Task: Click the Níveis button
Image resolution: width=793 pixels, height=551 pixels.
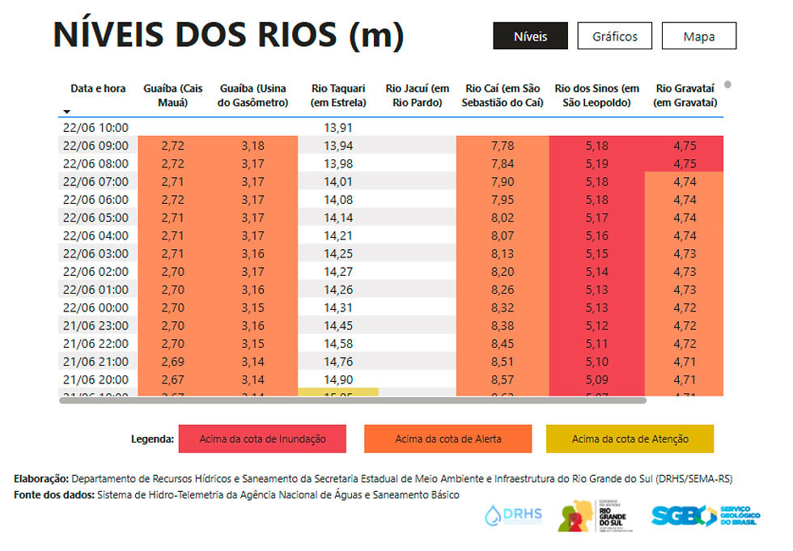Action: (531, 36)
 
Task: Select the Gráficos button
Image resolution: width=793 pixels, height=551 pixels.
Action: (615, 36)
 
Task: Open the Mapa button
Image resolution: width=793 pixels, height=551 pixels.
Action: (699, 36)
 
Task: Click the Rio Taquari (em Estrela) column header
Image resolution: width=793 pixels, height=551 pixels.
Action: (338, 95)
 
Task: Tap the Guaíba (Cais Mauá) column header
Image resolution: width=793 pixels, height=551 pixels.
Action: (173, 95)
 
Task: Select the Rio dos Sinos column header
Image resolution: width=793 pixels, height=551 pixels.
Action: (597, 95)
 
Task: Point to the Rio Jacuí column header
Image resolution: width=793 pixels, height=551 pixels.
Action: (418, 95)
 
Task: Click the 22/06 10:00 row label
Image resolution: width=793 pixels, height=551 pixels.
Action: (95, 128)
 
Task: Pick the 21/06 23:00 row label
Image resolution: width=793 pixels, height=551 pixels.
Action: (95, 325)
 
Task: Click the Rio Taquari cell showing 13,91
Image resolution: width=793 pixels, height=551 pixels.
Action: (338, 128)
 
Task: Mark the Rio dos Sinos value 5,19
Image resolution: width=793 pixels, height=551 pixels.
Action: (597, 163)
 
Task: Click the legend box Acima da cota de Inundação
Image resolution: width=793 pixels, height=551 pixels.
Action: (262, 439)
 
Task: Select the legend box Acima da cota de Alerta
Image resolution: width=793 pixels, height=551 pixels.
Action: (448, 439)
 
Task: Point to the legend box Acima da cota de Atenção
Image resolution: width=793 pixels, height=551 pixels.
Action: (630, 439)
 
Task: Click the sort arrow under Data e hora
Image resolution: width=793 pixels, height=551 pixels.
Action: (66, 112)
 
